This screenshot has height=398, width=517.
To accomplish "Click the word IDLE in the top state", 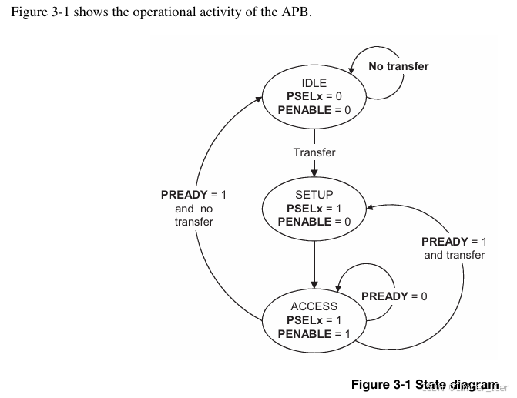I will [x=314, y=83].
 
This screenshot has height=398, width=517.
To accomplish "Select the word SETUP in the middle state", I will [x=314, y=195].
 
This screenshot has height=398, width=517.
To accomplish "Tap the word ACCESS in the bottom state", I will [x=314, y=306].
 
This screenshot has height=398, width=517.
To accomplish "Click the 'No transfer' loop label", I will [x=398, y=66].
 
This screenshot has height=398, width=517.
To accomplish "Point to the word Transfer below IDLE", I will [x=314, y=152].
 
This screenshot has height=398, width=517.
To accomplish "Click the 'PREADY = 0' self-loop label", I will [x=394, y=296].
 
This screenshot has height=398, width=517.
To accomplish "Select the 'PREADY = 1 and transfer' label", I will [x=455, y=248].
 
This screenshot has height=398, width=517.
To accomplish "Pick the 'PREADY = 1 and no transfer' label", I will [x=193, y=209].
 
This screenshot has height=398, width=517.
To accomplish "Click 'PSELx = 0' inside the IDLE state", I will [x=314, y=96].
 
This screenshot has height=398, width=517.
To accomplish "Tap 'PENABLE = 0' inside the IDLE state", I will [x=314, y=110].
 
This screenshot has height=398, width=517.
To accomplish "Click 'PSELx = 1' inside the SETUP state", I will [x=314, y=209].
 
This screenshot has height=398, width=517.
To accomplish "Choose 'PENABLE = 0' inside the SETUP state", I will [x=314, y=222].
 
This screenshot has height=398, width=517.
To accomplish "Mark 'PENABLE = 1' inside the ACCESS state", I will [x=314, y=334].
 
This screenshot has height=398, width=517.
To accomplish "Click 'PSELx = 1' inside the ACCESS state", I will [x=314, y=320].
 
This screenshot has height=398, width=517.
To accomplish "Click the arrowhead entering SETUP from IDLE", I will [x=314, y=172].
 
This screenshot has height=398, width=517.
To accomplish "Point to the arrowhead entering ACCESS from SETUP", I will [x=314, y=284].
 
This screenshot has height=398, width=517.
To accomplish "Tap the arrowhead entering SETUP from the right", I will [x=370, y=207].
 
